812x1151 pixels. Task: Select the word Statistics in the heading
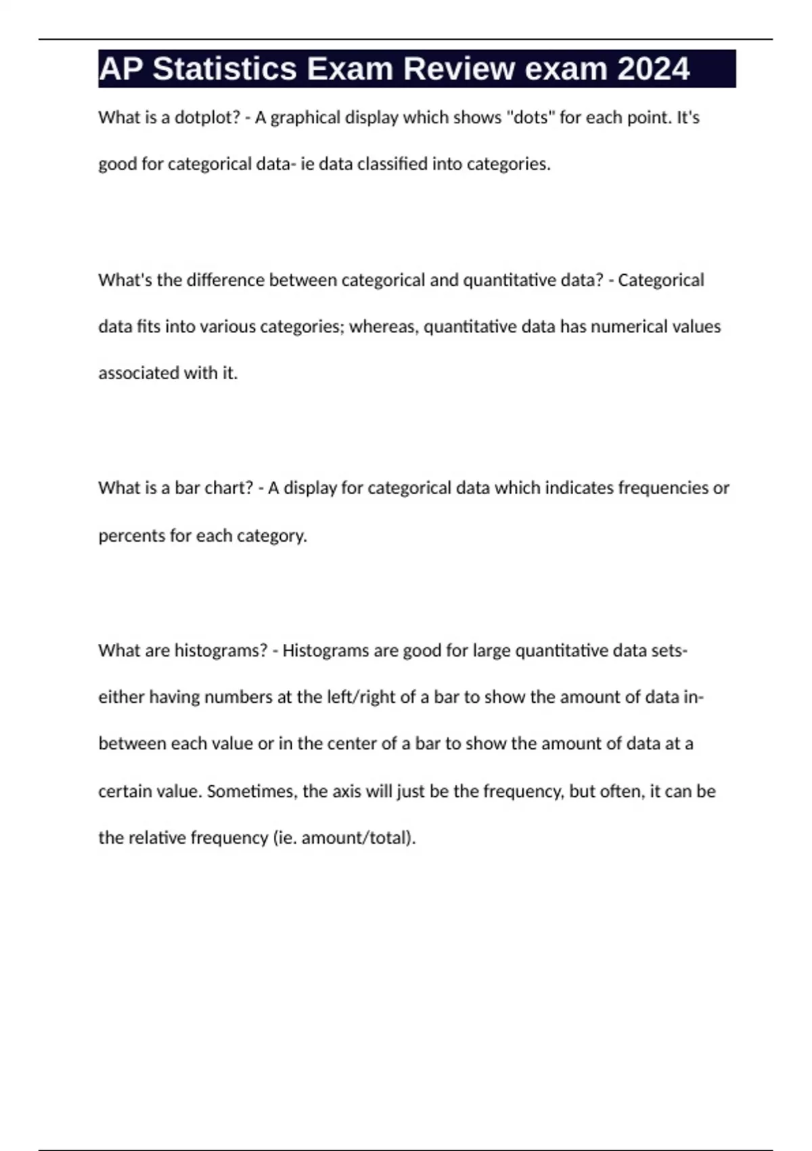click(225, 69)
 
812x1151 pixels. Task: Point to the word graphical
click(305, 118)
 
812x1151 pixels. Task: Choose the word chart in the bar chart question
click(223, 488)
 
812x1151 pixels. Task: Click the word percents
click(131, 536)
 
